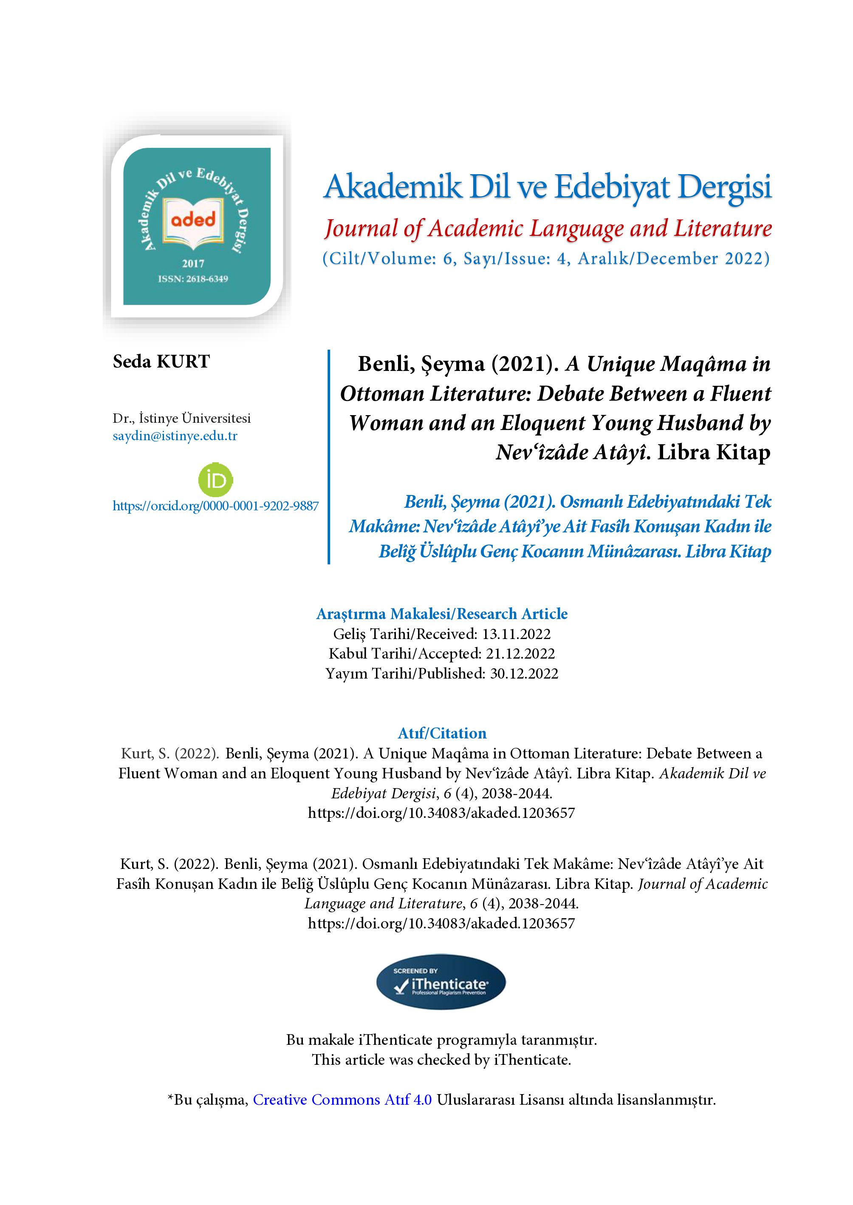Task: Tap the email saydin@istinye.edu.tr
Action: (175, 436)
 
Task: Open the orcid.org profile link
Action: (215, 506)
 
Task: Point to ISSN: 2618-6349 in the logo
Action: (193, 279)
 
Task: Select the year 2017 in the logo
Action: (193, 264)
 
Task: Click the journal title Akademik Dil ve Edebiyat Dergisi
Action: (547, 187)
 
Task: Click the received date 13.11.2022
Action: (516, 634)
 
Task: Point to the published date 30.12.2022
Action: (524, 673)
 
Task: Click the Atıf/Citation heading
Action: (442, 733)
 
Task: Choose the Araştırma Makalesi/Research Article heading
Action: (442, 614)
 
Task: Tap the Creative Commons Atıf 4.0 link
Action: (342, 1100)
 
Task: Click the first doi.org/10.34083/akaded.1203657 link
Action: (441, 813)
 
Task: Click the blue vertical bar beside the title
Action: (329, 457)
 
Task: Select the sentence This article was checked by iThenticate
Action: (441, 1060)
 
